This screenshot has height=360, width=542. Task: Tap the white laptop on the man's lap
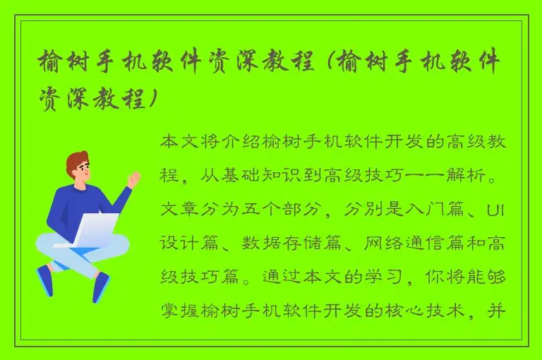point(95,229)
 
